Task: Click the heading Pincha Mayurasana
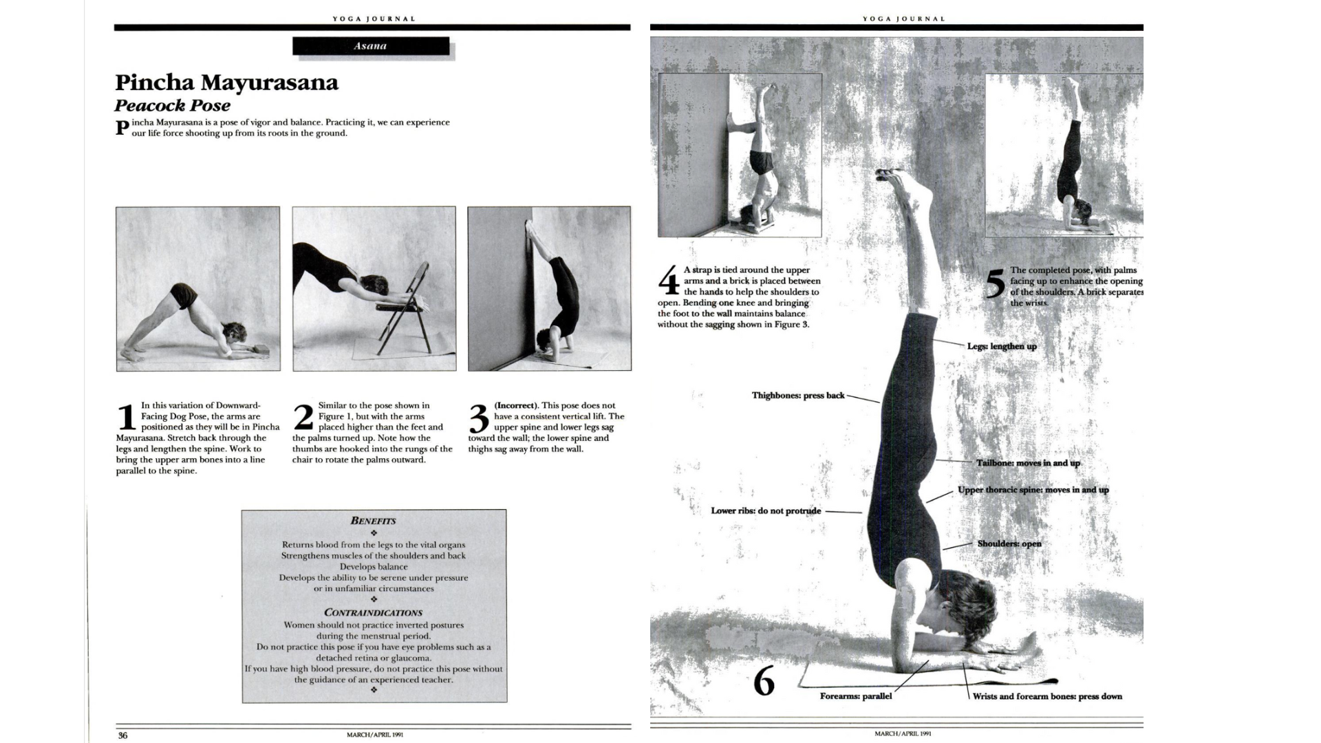[226, 83]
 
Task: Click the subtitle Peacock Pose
[172, 106]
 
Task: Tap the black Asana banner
[370, 46]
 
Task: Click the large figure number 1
[126, 418]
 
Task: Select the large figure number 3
[479, 418]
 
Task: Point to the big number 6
[764, 682]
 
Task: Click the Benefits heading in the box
[373, 521]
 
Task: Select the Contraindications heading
[373, 612]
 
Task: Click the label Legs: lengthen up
[1001, 346]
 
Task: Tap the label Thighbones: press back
[797, 396]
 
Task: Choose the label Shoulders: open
[1009, 543]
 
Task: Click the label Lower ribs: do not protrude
[765, 510]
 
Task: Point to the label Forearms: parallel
[855, 696]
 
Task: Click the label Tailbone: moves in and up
[1028, 463]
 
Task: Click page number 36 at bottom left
[122, 735]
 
